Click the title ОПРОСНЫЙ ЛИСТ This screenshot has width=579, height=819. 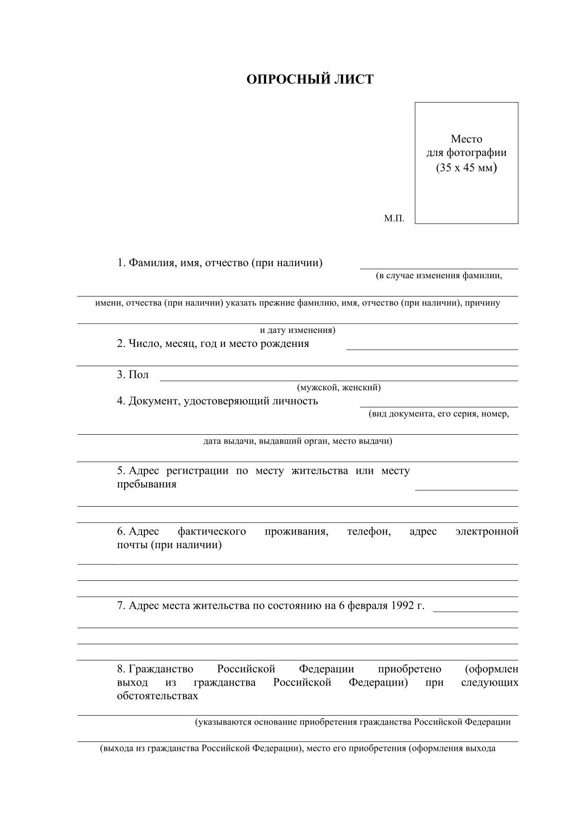click(x=310, y=79)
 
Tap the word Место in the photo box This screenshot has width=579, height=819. click(x=466, y=139)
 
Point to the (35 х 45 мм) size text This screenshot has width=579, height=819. click(x=466, y=167)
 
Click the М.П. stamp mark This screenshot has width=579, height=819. click(x=394, y=218)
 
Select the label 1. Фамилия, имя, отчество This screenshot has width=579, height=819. click(x=219, y=263)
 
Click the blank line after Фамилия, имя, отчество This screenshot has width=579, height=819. click(x=439, y=268)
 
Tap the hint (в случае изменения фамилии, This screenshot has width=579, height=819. click(x=439, y=276)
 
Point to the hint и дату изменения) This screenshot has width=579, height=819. click(x=297, y=331)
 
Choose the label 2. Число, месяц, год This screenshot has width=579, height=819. click(x=213, y=344)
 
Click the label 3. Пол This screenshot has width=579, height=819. click(x=133, y=375)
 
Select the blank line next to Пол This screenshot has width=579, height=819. click(x=339, y=380)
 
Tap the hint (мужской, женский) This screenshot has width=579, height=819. click(x=339, y=388)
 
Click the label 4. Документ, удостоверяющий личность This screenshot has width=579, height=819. click(x=217, y=401)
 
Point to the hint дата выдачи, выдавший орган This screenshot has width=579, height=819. click(x=297, y=441)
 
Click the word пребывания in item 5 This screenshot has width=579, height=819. click(x=147, y=484)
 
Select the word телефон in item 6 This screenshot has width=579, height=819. click(x=369, y=532)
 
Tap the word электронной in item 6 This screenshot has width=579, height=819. click(x=487, y=532)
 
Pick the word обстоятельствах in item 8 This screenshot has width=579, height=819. click(x=157, y=696)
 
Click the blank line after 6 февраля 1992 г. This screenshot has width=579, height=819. click(x=475, y=611)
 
